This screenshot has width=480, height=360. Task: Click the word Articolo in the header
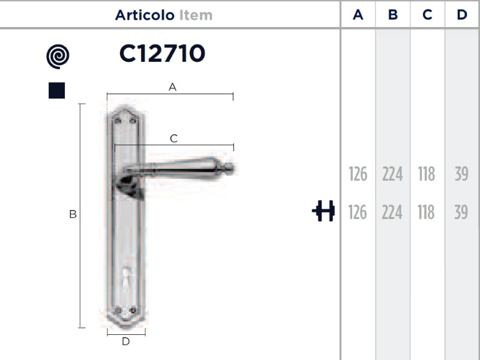145,15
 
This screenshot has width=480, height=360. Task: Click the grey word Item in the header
196,15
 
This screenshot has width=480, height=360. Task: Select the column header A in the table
358,14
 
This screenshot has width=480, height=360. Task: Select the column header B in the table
393,14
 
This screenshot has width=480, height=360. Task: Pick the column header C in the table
427,14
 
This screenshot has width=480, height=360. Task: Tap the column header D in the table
462,14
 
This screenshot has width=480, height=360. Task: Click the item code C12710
162,53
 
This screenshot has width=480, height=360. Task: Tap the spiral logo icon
58,56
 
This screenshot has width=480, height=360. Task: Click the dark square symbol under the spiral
56,91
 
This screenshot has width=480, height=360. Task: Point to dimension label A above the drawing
172,87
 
